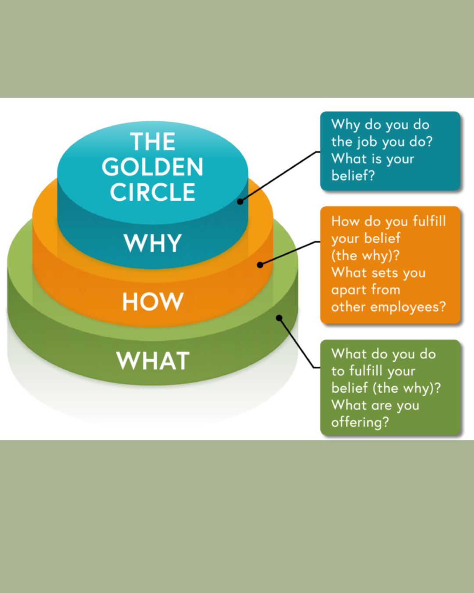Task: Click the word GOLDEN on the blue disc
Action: [x=153, y=167]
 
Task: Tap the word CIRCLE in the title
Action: [x=153, y=192]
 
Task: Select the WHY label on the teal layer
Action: [x=153, y=243]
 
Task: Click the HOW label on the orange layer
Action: [x=153, y=302]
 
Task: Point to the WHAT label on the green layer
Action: [x=153, y=361]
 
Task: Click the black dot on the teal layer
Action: [x=240, y=202]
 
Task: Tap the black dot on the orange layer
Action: [x=260, y=265]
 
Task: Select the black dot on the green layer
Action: [x=279, y=318]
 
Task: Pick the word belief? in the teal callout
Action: [x=353, y=176]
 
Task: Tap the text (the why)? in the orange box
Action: [x=365, y=255]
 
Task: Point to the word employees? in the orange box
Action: [x=408, y=307]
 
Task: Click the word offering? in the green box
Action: [x=360, y=422]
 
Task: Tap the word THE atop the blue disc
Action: [x=153, y=142]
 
